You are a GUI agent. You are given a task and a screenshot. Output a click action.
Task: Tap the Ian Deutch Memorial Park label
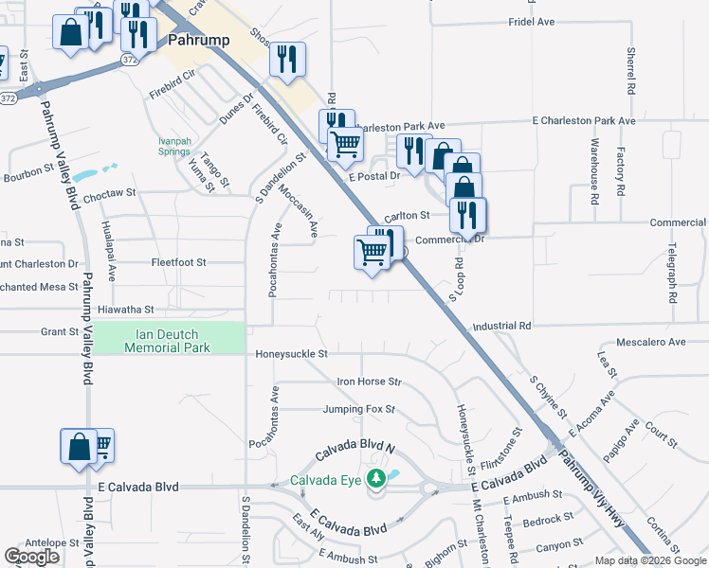pyautogui.click(x=167, y=341)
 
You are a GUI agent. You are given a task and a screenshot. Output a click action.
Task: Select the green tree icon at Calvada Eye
pyautogui.click(x=377, y=478)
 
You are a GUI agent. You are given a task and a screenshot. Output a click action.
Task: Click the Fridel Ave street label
pyautogui.click(x=531, y=21)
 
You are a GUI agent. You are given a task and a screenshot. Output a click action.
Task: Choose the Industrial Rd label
pyautogui.click(x=502, y=325)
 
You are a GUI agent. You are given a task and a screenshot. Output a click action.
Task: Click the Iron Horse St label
pyautogui.click(x=370, y=382)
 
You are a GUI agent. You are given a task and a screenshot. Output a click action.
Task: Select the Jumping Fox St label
pyautogui.click(x=358, y=410)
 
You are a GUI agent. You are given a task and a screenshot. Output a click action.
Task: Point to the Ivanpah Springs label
pyautogui.click(x=173, y=147)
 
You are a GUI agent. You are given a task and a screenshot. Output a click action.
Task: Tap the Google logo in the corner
pyautogui.click(x=32, y=557)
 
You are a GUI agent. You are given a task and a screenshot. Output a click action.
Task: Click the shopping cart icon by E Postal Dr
pyautogui.click(x=347, y=144)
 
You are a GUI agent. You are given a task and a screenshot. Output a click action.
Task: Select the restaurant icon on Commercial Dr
pyautogui.click(x=467, y=215)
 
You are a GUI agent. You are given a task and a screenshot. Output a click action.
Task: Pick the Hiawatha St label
pyautogui.click(x=125, y=310)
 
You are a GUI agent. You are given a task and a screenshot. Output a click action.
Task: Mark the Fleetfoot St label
pyautogui.click(x=178, y=262)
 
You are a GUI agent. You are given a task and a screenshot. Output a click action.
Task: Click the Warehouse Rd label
pyautogui.click(x=594, y=171)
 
